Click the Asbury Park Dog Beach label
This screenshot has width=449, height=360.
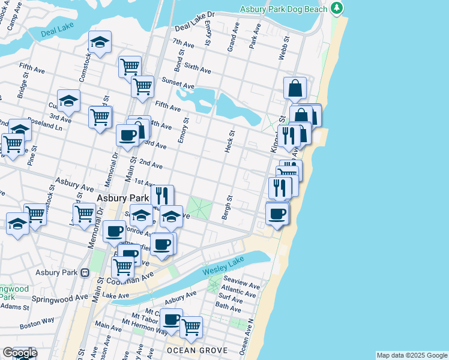coord(284,9)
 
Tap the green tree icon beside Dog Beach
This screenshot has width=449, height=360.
coord(338,8)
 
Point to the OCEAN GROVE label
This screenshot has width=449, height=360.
coord(197,350)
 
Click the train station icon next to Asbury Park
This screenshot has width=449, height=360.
coord(85,272)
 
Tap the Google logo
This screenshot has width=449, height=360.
coord(19,353)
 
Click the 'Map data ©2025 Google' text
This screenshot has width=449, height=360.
coord(412,355)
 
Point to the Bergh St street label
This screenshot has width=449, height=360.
coord(229,207)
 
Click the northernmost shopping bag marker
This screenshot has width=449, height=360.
coord(295,88)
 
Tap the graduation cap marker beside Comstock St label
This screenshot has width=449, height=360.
coord(100,43)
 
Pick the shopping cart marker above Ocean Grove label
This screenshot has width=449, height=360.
coord(191,328)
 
